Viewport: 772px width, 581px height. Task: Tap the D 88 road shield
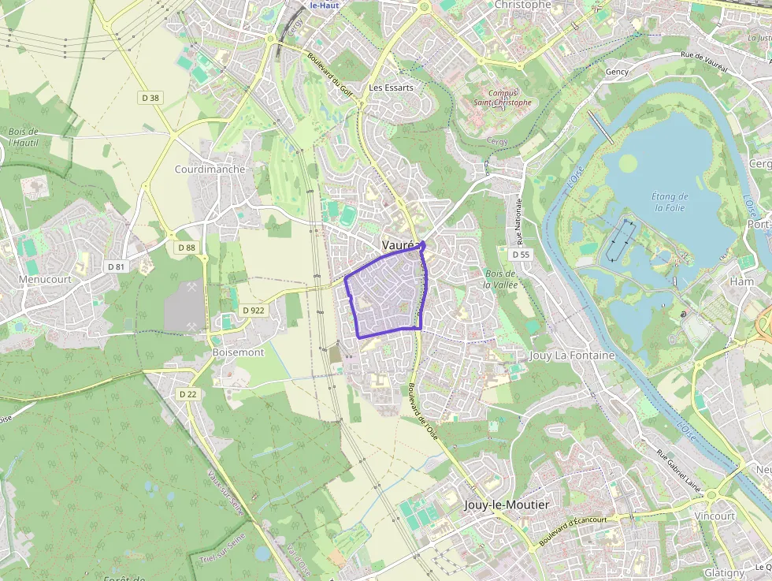point(186,248)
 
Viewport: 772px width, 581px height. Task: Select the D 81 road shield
point(117,266)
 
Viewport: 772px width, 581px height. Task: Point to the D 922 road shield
point(254,311)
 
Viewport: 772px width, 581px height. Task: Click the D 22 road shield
point(187,394)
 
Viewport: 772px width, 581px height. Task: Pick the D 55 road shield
point(521,255)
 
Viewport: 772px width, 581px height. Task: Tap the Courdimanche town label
point(210,169)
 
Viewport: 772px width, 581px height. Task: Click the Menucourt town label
point(45,279)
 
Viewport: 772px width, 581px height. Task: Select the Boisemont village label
point(238,352)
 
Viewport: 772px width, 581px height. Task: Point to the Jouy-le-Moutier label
point(507,505)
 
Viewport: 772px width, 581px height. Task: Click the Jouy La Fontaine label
point(572,356)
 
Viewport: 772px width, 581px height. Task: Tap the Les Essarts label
point(391,88)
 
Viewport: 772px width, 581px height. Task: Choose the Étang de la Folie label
point(670,202)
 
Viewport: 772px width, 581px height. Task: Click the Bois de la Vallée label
point(499,278)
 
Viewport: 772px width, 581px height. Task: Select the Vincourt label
point(714,516)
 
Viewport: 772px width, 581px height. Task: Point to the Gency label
point(617,72)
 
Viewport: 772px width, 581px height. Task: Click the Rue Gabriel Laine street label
point(679,468)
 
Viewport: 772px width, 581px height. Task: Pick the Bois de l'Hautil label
point(24,137)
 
